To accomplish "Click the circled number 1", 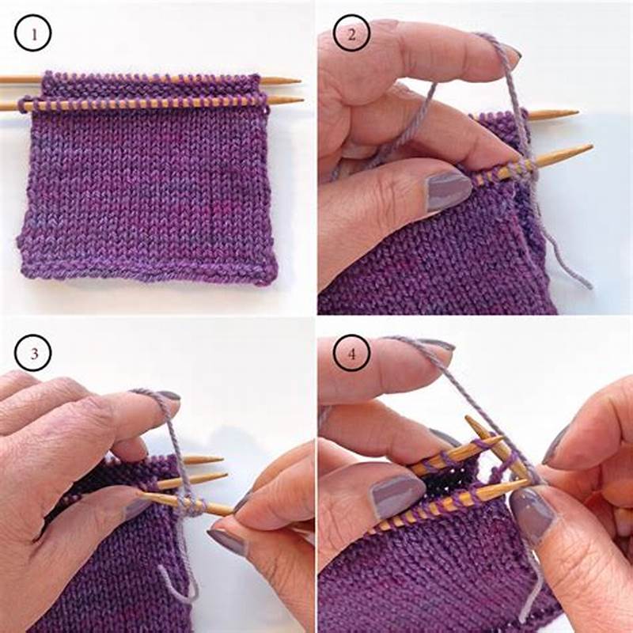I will pos(32,34).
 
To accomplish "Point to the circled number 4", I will pos(350,354).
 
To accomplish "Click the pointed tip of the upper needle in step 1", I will pos(299,81).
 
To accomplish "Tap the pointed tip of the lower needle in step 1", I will pos(301,100).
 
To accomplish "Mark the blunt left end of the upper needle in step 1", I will pos(2,79).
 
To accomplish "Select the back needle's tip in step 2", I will pos(577,113).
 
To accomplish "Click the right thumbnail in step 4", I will pos(533,516).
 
